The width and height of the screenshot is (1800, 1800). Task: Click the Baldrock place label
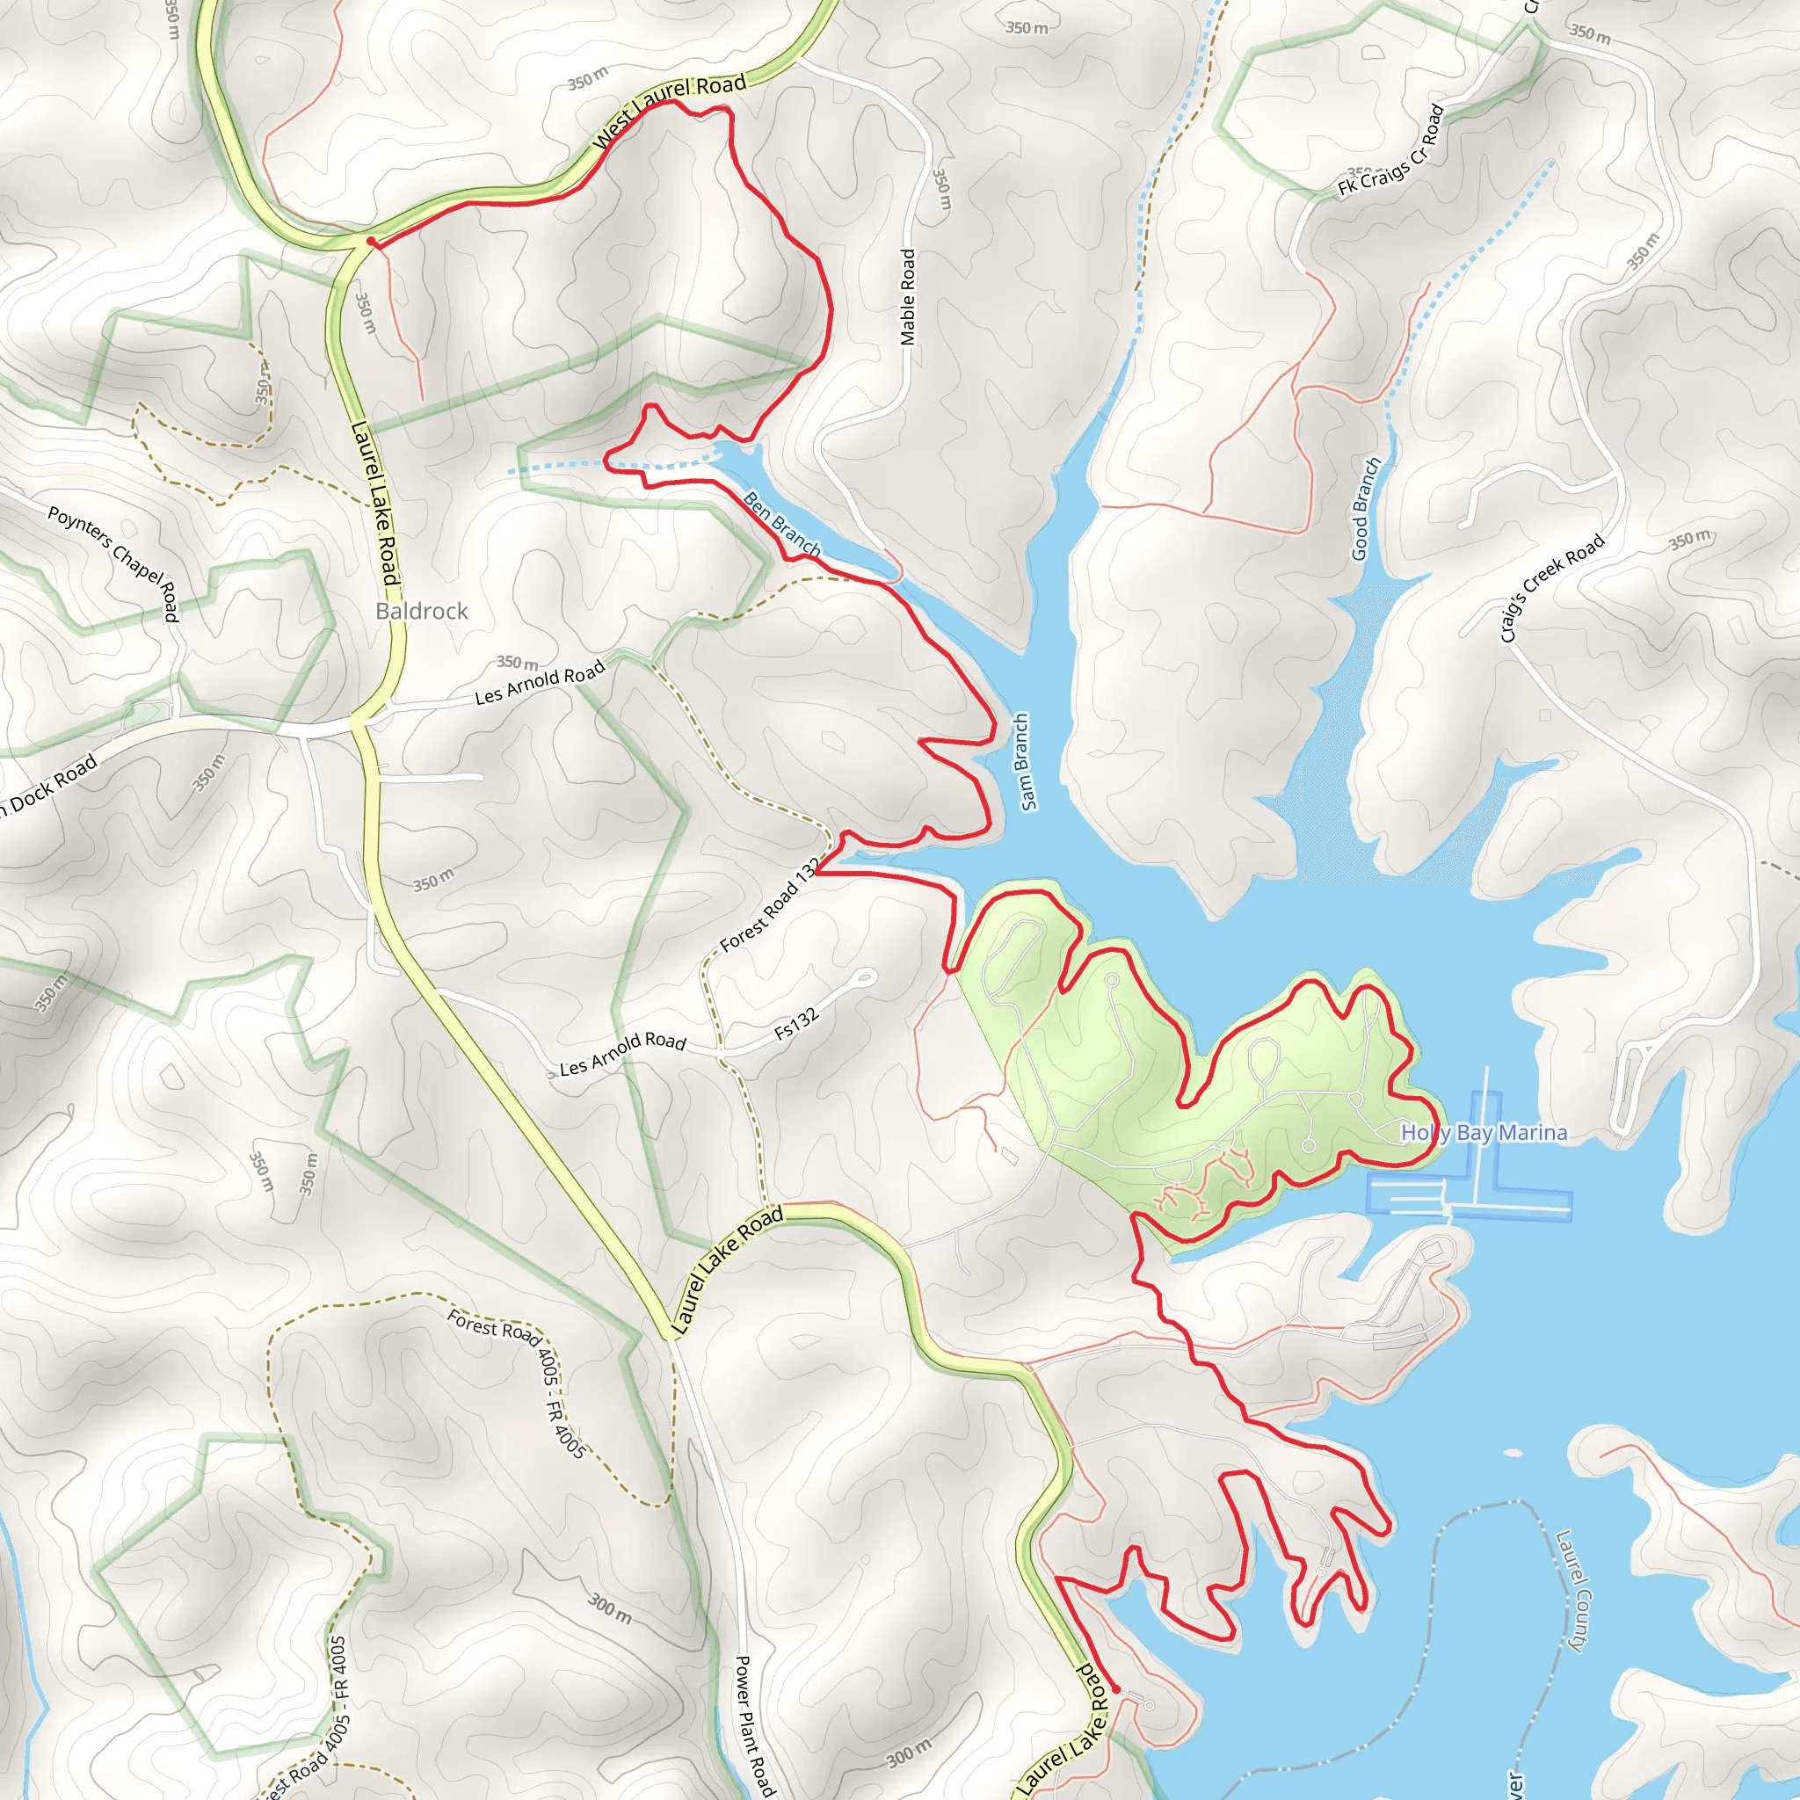pos(421,611)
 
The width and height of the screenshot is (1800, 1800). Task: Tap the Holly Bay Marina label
pos(1484,1133)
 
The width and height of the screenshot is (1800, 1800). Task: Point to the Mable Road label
pos(907,297)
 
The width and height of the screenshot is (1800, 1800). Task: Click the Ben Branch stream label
pos(781,525)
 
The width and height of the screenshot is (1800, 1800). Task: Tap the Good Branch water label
pos(1366,509)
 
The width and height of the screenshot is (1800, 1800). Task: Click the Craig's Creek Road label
pos(1552,588)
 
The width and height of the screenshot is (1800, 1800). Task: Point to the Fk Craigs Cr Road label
pos(1391,151)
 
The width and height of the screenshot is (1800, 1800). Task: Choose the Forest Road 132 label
pos(770,904)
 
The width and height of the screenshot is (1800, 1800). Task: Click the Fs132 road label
pos(796,1023)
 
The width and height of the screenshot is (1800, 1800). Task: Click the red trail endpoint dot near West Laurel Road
pos(371,243)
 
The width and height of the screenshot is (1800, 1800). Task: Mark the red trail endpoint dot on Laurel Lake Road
pos(1116,1688)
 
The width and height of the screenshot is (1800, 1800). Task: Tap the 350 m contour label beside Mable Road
pos(942,189)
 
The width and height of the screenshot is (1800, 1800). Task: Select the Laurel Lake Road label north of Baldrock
pos(375,503)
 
